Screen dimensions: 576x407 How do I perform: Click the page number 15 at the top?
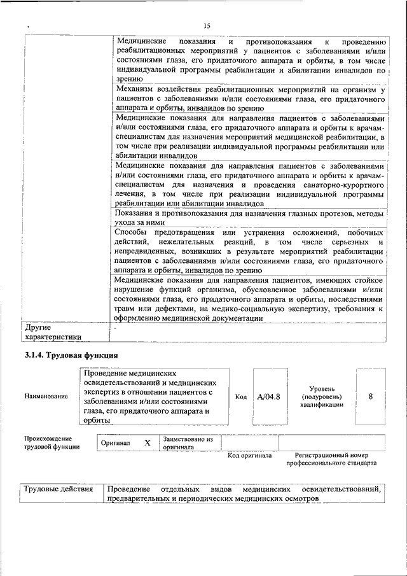[207, 25]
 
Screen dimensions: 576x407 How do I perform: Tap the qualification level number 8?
[370, 397]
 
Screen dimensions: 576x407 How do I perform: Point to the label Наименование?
[46, 397]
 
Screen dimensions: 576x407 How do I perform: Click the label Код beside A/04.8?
[241, 397]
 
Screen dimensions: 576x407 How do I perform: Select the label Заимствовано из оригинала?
[188, 442]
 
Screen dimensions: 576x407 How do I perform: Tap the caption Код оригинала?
[249, 456]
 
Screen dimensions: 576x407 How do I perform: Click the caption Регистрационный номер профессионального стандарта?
[331, 460]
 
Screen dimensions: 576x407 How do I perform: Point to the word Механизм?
[137, 90]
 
